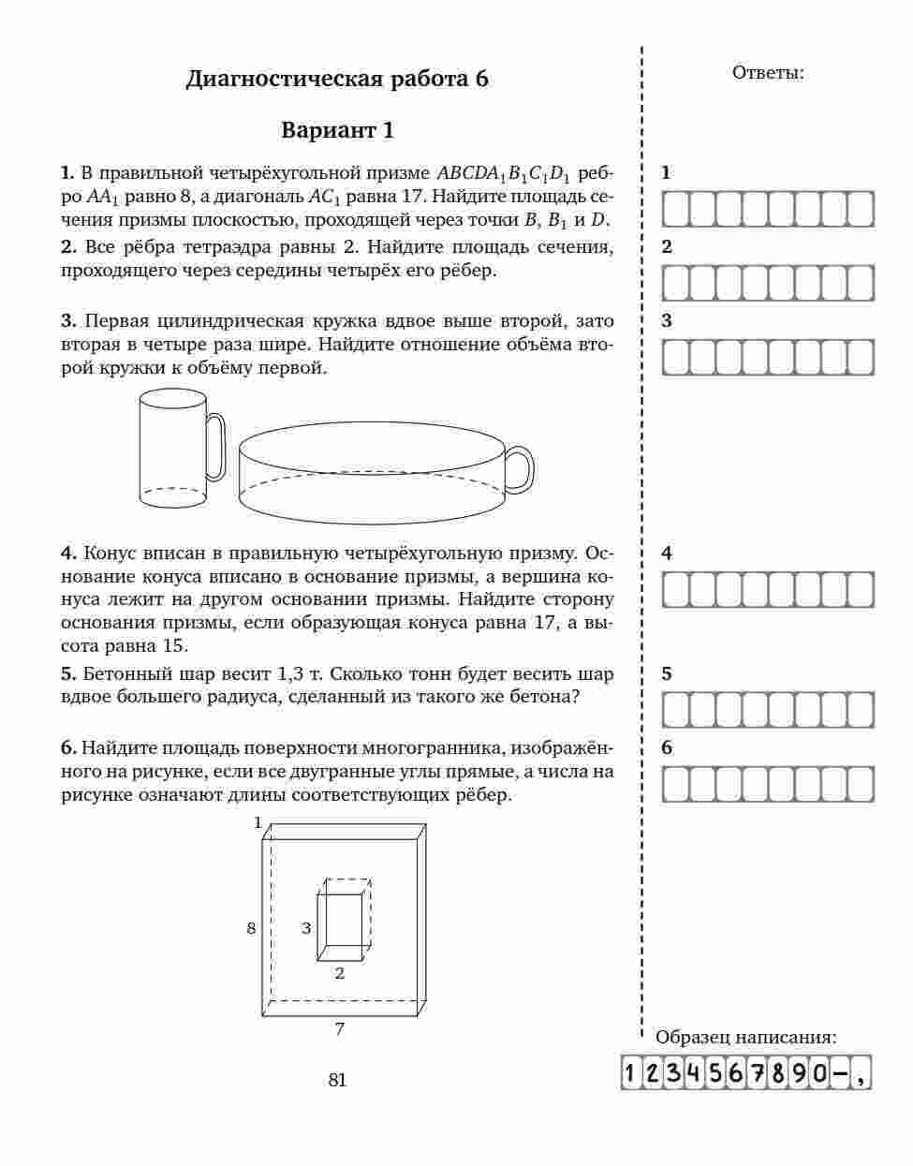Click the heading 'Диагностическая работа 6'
(337, 79)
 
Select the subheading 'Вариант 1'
(337, 130)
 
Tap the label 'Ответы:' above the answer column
(767, 73)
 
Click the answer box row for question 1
(768, 209)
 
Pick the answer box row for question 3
(768, 357)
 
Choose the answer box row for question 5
(768, 710)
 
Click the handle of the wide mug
(520, 469)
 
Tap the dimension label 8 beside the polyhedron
(251, 928)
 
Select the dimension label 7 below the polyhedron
(339, 1029)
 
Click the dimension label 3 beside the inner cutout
(305, 928)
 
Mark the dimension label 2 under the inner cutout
(339, 973)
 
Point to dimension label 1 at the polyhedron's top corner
(258, 822)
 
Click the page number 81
(337, 1080)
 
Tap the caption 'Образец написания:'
(745, 1037)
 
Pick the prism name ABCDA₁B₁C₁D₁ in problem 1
(503, 173)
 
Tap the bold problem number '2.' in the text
(69, 247)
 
